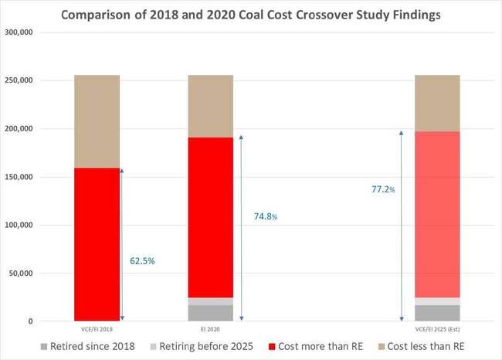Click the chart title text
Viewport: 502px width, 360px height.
(251, 14)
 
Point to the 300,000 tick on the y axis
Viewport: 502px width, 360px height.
(39, 32)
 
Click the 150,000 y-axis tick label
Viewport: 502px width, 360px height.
(39, 177)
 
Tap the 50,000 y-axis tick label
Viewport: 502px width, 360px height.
(41, 273)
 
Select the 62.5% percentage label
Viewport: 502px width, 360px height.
(142, 261)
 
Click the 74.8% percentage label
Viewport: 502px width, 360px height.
(266, 217)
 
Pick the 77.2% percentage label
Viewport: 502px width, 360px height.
(383, 188)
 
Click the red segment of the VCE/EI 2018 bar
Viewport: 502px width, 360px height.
(97, 243)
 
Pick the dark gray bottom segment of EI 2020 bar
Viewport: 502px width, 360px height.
(211, 313)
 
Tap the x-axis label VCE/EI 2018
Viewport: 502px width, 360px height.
(97, 328)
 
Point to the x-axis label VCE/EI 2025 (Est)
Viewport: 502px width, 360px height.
(437, 328)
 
